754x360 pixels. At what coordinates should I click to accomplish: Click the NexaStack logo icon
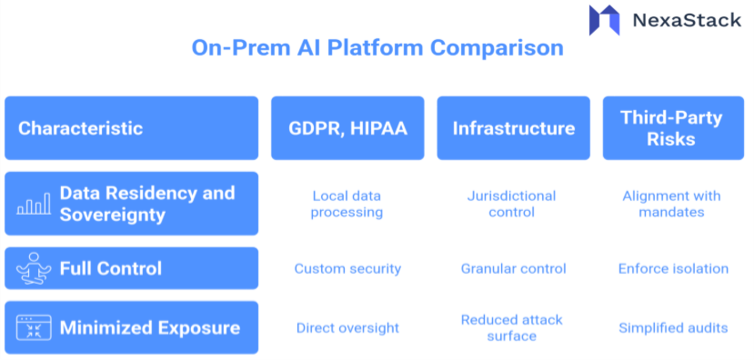click(x=604, y=20)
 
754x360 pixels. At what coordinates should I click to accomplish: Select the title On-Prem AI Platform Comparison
click(x=377, y=47)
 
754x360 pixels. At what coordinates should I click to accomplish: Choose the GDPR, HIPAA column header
click(x=347, y=128)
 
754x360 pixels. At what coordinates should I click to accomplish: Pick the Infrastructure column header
click(x=513, y=128)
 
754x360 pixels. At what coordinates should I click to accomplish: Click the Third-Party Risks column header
click(x=672, y=128)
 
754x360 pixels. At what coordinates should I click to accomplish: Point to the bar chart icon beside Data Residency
click(x=33, y=205)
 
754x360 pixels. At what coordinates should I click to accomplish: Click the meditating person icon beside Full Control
click(x=33, y=268)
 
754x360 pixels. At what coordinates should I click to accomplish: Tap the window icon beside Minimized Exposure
click(x=33, y=328)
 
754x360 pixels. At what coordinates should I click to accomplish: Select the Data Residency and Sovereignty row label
click(x=146, y=204)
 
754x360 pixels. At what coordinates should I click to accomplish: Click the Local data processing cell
click(x=347, y=204)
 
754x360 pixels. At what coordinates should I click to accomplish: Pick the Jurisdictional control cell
click(x=512, y=204)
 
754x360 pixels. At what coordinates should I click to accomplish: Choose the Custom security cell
click(x=347, y=268)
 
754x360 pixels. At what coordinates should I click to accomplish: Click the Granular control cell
click(x=513, y=268)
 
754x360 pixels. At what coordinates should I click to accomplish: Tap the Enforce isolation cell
click(x=672, y=268)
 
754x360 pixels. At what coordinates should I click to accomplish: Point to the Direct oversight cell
click(x=347, y=327)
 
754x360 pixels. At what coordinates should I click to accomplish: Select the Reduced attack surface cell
click(x=511, y=327)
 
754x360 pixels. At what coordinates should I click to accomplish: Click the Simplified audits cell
click(x=672, y=327)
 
